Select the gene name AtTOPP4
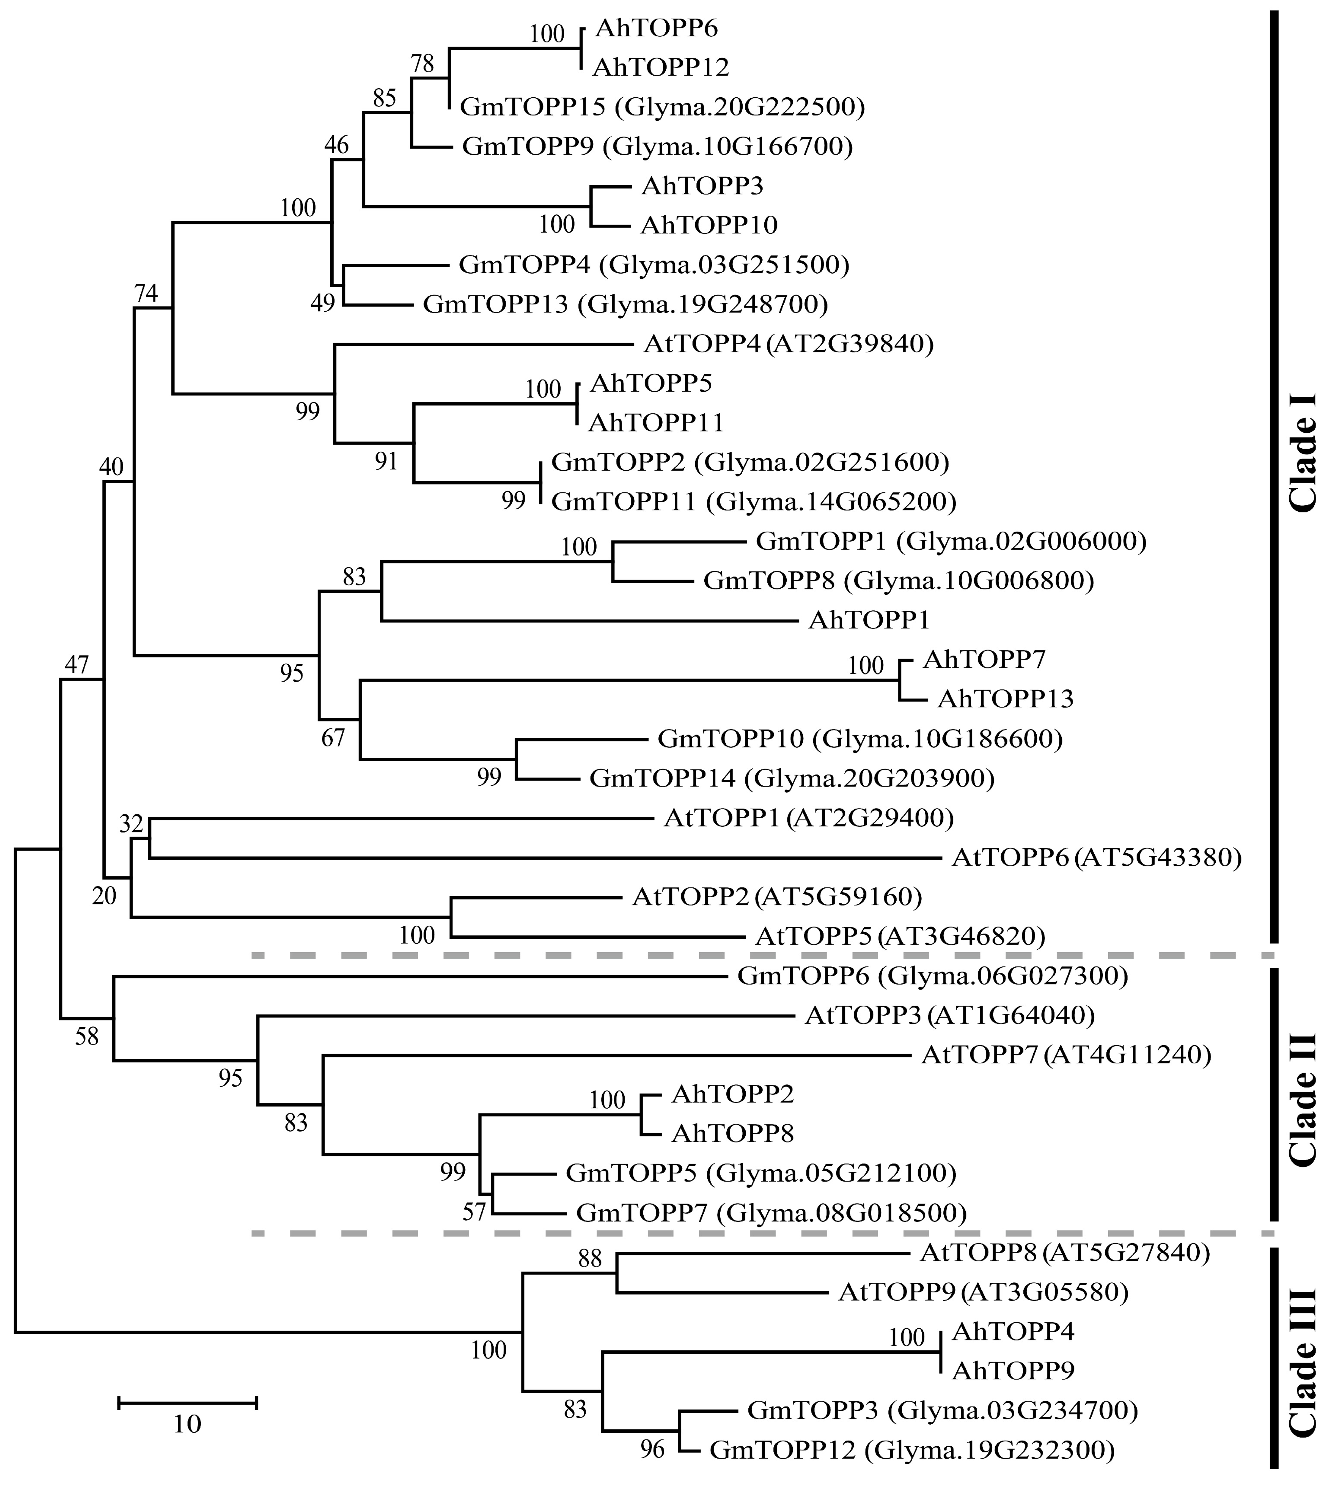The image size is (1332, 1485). tap(703, 344)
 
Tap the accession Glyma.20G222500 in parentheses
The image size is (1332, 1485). tap(739, 108)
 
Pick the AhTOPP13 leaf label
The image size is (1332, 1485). tap(1005, 699)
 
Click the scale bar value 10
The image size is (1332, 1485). tap(188, 1424)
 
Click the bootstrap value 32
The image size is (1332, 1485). tap(131, 824)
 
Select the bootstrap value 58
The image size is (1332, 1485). tap(87, 1036)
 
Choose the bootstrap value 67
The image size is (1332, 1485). tap(333, 737)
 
